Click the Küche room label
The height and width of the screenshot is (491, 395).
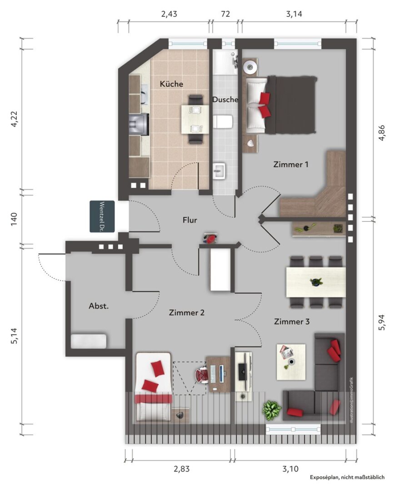[x=171, y=84]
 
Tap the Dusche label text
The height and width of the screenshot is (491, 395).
[x=225, y=100]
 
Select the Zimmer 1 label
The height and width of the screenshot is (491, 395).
[x=291, y=165]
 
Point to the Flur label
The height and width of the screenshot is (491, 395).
[x=190, y=220]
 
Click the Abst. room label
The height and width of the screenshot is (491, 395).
[x=99, y=306]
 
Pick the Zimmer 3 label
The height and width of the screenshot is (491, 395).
[x=292, y=321]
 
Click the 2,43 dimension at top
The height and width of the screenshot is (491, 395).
[x=169, y=14]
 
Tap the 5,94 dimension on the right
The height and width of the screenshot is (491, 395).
[x=382, y=322]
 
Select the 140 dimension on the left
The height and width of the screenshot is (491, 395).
[x=14, y=220]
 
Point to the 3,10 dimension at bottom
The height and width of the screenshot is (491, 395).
[x=290, y=469]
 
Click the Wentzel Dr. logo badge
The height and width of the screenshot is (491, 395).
[x=102, y=216]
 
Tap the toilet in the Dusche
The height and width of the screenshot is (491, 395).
[x=223, y=121]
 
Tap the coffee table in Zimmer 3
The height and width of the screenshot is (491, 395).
[x=291, y=362]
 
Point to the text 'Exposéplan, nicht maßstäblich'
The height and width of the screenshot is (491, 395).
[x=347, y=477]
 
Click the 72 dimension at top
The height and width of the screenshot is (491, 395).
[x=225, y=14]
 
